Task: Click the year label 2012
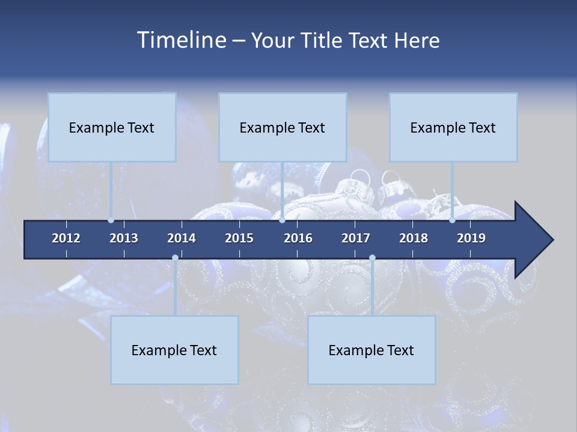pyautogui.click(x=66, y=238)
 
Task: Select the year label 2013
pyautogui.click(x=124, y=238)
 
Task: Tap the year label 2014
pyautogui.click(x=182, y=238)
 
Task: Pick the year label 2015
pyautogui.click(x=239, y=238)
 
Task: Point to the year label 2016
pyautogui.click(x=298, y=238)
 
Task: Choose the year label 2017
pyautogui.click(x=356, y=238)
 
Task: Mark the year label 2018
pyautogui.click(x=414, y=238)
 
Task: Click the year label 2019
pyautogui.click(x=471, y=238)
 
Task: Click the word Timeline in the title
pyautogui.click(x=182, y=40)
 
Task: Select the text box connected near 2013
pyautogui.click(x=112, y=127)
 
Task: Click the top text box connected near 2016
pyautogui.click(x=282, y=127)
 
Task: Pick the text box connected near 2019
pyautogui.click(x=453, y=127)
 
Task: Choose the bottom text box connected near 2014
pyautogui.click(x=174, y=350)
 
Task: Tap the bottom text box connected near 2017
pyautogui.click(x=371, y=350)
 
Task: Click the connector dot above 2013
pyautogui.click(x=111, y=220)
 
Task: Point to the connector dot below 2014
pyautogui.click(x=175, y=258)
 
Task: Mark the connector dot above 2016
pyautogui.click(x=282, y=220)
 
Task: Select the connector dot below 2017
pyautogui.click(x=372, y=258)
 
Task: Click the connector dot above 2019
pyautogui.click(x=452, y=220)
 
